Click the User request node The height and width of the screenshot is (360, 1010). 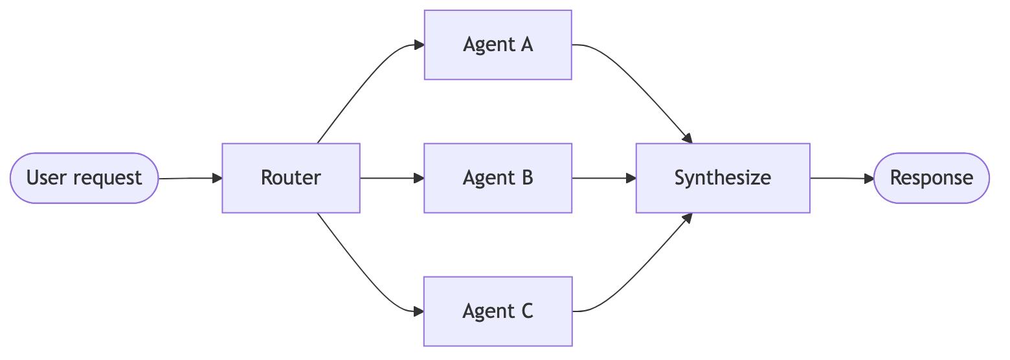pyautogui.click(x=84, y=178)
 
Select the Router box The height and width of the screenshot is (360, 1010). pyautogui.click(x=291, y=178)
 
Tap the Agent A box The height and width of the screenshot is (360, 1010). pyautogui.click(x=498, y=45)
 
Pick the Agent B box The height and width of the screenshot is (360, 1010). pyautogui.click(x=498, y=178)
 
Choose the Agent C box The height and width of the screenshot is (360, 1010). pyautogui.click(x=498, y=311)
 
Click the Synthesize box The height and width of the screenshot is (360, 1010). pyautogui.click(x=723, y=178)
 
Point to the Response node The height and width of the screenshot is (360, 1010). pyautogui.click(x=931, y=178)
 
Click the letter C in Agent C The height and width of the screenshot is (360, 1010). pyautogui.click(x=525, y=311)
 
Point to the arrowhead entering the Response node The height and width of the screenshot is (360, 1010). pyautogui.click(x=868, y=178)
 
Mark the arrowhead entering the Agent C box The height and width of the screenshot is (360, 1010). pyautogui.click(x=418, y=311)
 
